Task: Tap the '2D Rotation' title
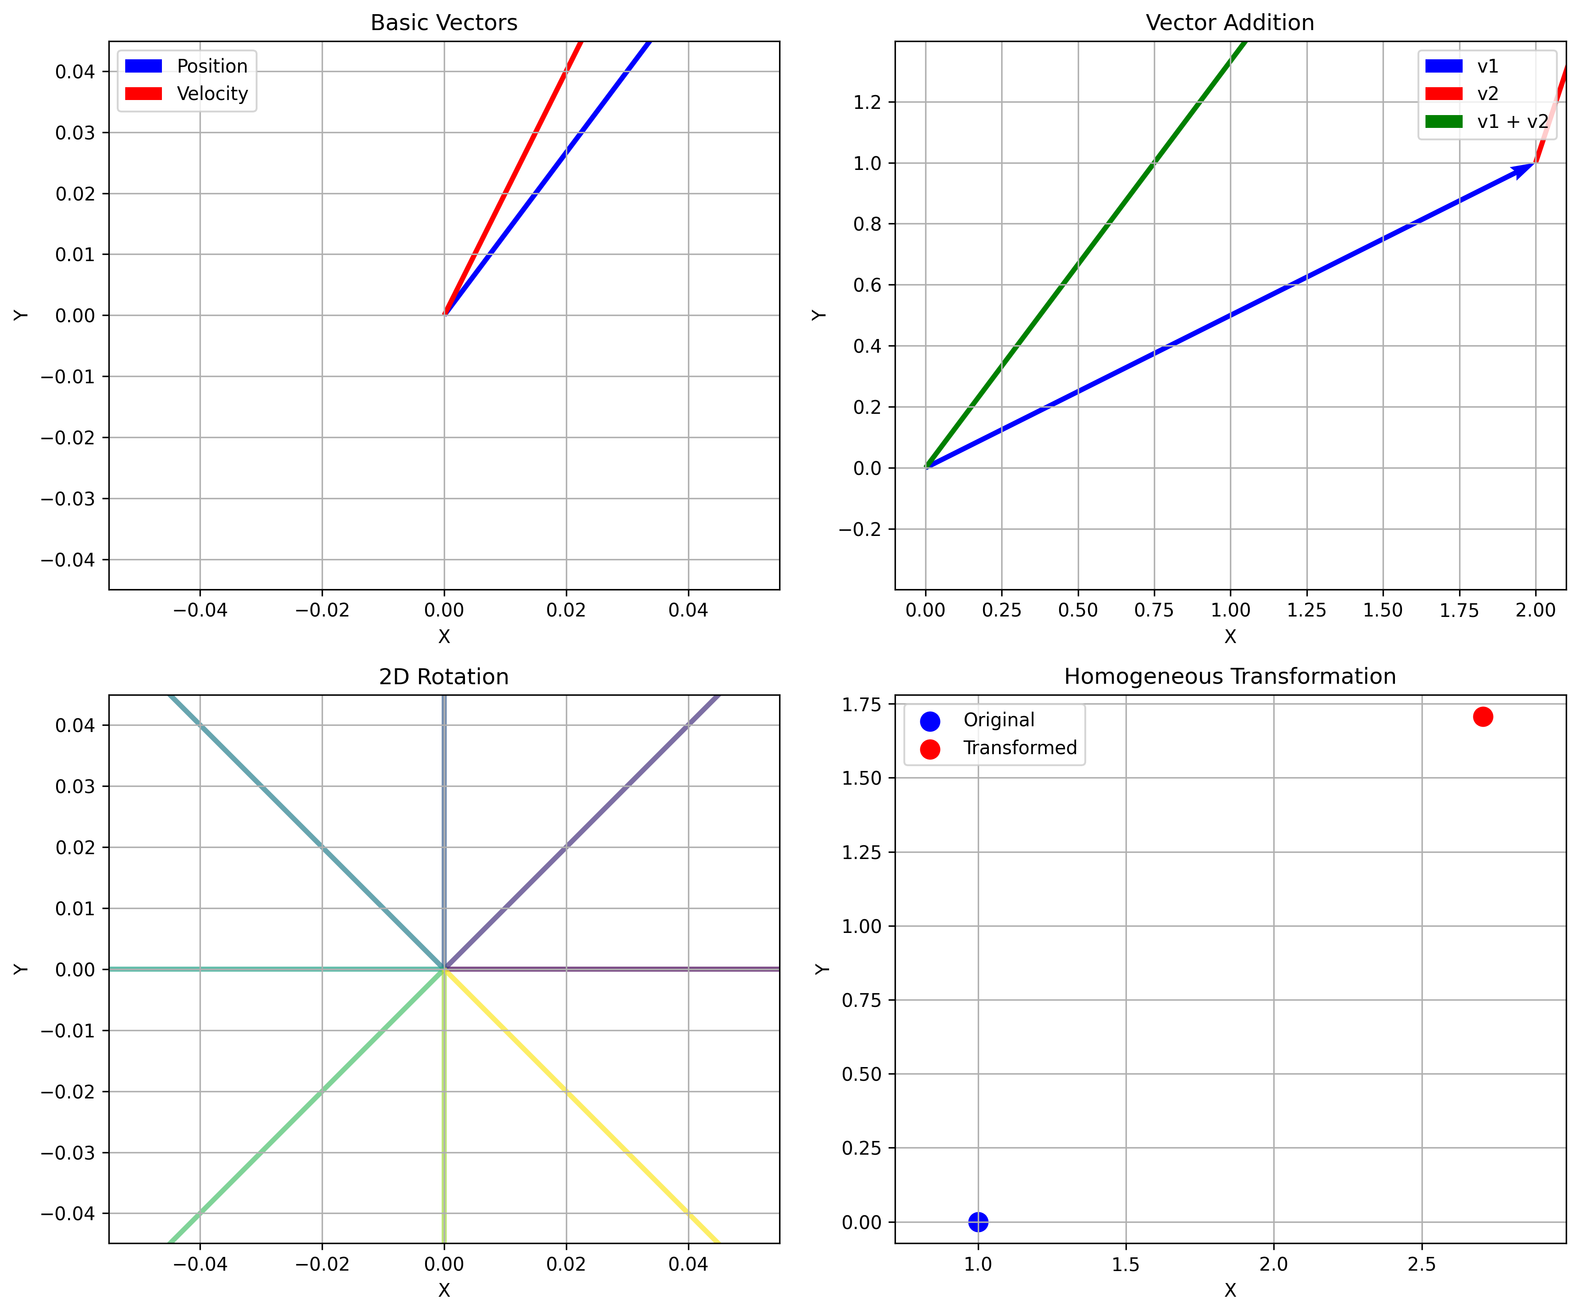(x=444, y=677)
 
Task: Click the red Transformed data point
(x=1483, y=717)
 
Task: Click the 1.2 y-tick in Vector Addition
(x=867, y=102)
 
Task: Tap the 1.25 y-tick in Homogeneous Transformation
(x=861, y=853)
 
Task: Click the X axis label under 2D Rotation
(x=444, y=1291)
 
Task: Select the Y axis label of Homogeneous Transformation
(x=822, y=969)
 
